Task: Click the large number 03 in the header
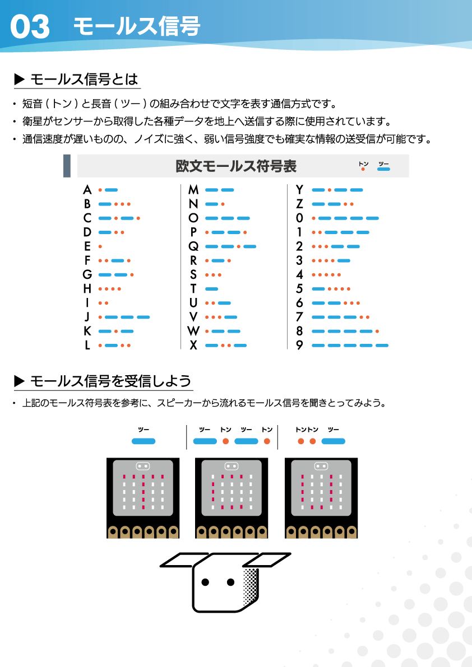click(x=30, y=27)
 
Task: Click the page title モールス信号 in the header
click(x=137, y=26)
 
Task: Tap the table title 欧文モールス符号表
click(x=236, y=166)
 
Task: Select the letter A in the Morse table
click(x=87, y=190)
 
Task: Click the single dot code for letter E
click(x=100, y=246)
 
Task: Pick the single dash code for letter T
click(x=212, y=289)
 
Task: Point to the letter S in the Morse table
click(x=193, y=274)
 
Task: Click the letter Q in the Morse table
click(x=193, y=246)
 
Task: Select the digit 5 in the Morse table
click(x=299, y=289)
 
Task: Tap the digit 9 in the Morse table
click(x=299, y=346)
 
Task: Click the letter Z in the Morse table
click(x=299, y=204)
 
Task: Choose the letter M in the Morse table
click(x=193, y=190)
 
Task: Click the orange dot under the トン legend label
click(x=363, y=169)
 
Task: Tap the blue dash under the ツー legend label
click(x=384, y=169)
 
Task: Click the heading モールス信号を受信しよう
click(x=110, y=381)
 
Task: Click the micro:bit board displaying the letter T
click(x=143, y=498)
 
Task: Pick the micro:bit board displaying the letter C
click(x=231, y=498)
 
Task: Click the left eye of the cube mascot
click(x=206, y=582)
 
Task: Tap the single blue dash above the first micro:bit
click(x=144, y=441)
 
